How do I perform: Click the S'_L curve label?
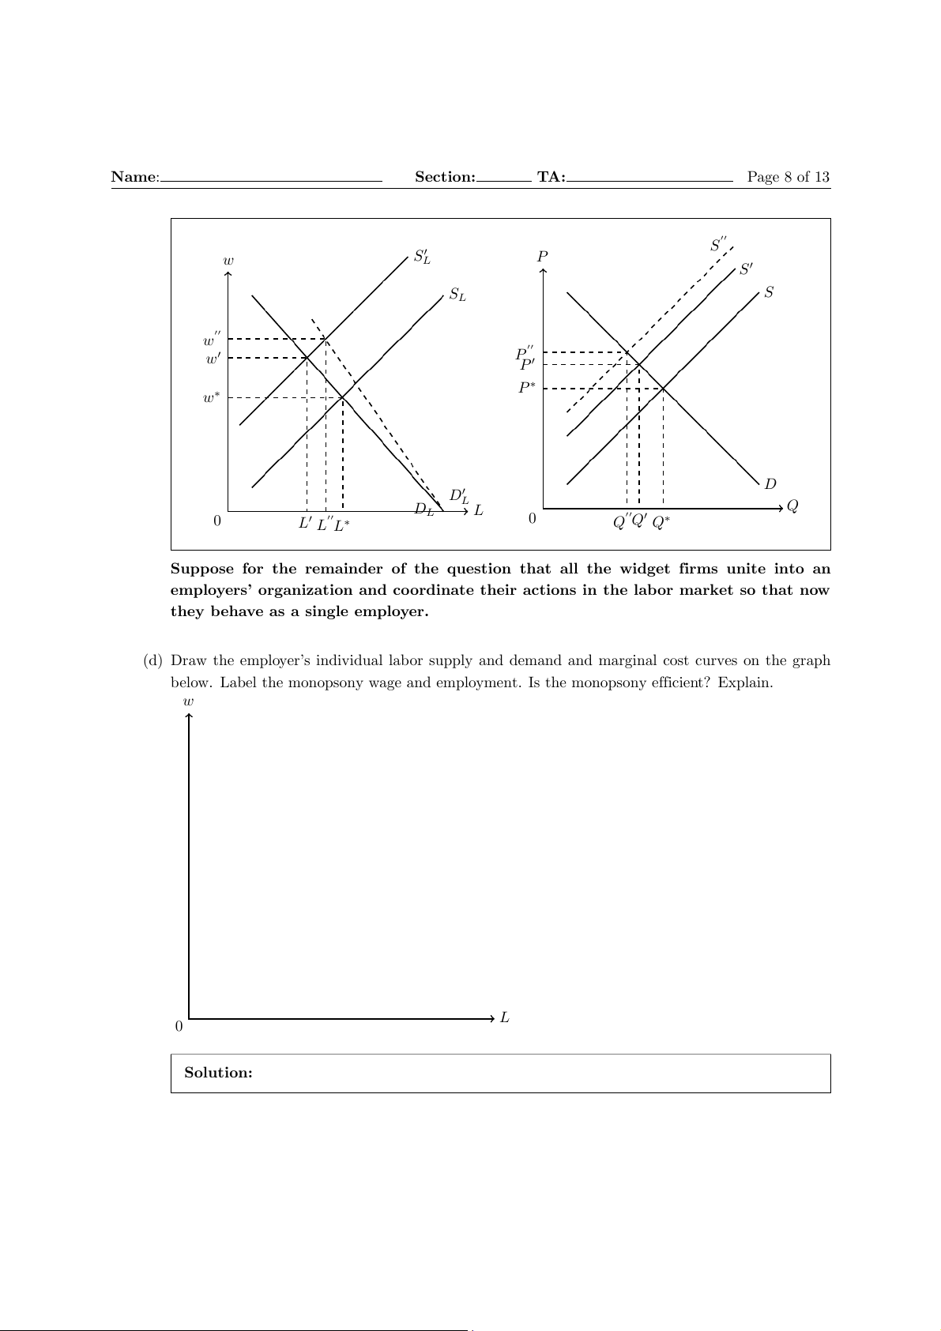[x=422, y=257]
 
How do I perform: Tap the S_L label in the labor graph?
[x=457, y=295]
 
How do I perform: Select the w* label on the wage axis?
[x=211, y=398]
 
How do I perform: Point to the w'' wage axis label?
[x=212, y=340]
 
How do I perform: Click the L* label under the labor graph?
[x=342, y=525]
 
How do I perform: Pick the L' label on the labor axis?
[x=306, y=523]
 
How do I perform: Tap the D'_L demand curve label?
[x=459, y=496]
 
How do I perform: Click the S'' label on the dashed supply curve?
[x=718, y=245]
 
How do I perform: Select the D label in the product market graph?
[x=770, y=483]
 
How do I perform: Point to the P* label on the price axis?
[x=527, y=389]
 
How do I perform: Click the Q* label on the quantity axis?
[x=661, y=522]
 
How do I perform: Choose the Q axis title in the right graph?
[x=792, y=506]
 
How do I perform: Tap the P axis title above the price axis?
[x=543, y=257]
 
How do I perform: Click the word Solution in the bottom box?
[x=218, y=1073]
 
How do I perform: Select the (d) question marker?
[x=152, y=660]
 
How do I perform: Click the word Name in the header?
[x=134, y=177]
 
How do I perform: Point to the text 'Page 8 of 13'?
[x=789, y=177]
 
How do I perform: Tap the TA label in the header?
[x=551, y=177]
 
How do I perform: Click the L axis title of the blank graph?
[x=505, y=1018]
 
